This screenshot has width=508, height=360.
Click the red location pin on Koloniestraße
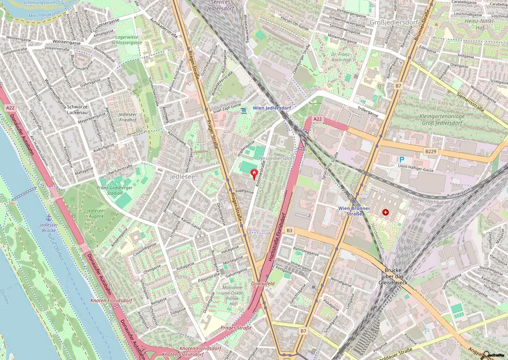click(255, 174)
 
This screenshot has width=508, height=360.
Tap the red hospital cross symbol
click(385, 212)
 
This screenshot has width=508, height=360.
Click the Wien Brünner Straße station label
click(355, 211)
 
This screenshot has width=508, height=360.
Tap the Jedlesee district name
click(182, 176)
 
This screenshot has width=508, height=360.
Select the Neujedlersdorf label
click(276, 158)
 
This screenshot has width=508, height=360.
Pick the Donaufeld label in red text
click(263, 283)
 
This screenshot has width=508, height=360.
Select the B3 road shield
click(290, 231)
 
